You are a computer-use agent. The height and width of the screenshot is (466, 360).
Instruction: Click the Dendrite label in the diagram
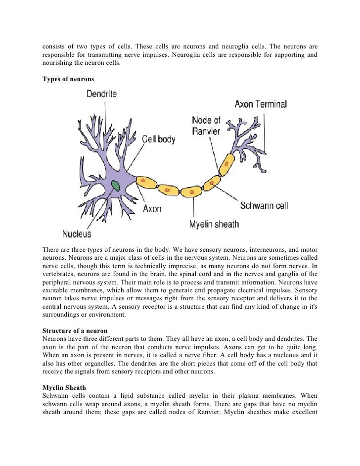(102, 93)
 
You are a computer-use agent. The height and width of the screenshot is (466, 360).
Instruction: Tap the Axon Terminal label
(261, 104)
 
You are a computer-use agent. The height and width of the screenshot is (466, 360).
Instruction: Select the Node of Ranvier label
(206, 126)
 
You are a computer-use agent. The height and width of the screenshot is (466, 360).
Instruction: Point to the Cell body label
(159, 140)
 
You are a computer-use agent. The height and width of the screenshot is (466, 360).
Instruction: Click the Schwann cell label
(264, 205)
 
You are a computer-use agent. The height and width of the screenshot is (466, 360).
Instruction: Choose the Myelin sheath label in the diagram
(214, 225)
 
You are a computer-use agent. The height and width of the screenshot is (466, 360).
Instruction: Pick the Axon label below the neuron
(152, 209)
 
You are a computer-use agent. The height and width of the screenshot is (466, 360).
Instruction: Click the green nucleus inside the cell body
(116, 186)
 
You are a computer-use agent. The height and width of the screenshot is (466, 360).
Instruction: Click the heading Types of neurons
(65, 80)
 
